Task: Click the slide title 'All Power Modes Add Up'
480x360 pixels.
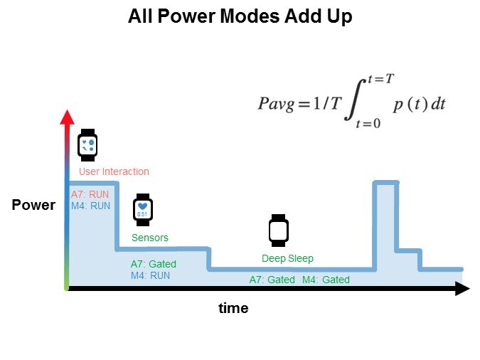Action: pos(240,17)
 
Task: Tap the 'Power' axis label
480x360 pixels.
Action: pos(33,206)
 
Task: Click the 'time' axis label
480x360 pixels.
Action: pos(233,308)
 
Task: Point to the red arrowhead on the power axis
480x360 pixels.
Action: pos(67,117)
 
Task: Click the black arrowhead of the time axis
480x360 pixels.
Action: pos(462,288)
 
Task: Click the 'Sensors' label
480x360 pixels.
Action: pos(150,238)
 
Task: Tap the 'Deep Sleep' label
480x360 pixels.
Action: pos(287,258)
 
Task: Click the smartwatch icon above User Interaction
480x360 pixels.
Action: pos(87,147)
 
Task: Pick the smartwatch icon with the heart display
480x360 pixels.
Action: pos(142,210)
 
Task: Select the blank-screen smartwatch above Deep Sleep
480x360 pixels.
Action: pos(278,230)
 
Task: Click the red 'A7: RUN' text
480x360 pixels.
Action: pos(90,194)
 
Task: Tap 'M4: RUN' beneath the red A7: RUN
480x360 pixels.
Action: pos(90,206)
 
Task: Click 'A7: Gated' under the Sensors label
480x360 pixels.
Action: pos(153,264)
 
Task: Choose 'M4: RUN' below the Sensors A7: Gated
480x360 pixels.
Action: pos(150,275)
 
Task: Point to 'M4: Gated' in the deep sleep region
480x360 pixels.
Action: pos(326,280)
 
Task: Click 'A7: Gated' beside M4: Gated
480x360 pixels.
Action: pos(272,280)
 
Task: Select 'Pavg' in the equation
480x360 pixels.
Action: pos(276,103)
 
